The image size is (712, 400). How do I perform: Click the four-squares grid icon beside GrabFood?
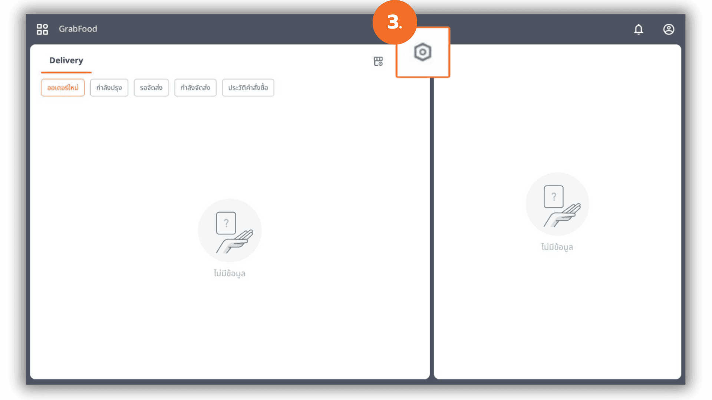click(42, 29)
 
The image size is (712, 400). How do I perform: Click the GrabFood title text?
click(78, 29)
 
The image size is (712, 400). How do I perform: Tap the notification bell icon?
click(639, 29)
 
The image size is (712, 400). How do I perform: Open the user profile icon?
click(669, 29)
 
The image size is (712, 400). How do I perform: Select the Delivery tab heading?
click(66, 60)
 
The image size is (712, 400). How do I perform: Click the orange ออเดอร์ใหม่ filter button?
click(63, 88)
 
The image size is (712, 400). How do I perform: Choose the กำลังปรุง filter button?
click(109, 88)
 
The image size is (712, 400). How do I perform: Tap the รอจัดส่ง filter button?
click(151, 88)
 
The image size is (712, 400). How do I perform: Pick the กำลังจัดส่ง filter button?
click(195, 88)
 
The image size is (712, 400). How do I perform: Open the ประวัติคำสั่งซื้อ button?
click(248, 88)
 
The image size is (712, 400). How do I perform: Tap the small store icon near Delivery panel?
click(378, 61)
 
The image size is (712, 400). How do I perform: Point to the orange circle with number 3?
click(395, 22)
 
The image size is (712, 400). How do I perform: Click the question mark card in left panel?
click(226, 223)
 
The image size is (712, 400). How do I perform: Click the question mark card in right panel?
click(554, 197)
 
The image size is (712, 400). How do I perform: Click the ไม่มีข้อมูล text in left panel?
click(230, 273)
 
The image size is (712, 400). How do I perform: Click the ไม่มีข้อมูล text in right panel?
click(557, 247)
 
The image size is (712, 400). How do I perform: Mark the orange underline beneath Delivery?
click(66, 72)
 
